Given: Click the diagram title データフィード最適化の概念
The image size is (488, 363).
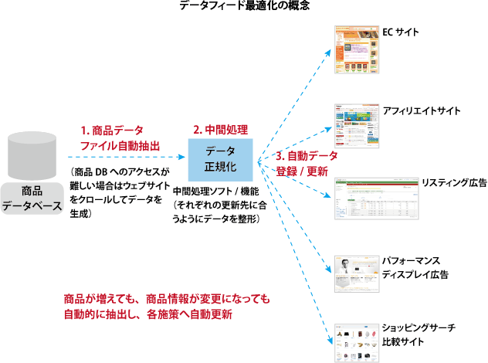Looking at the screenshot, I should pos(245,7).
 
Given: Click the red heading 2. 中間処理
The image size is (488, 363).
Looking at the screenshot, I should pos(220,129).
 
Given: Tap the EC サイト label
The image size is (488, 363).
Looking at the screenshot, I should pos(402,34).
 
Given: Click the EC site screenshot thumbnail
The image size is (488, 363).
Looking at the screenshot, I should pos(358,49).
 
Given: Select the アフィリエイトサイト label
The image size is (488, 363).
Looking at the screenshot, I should pos(422,110).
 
